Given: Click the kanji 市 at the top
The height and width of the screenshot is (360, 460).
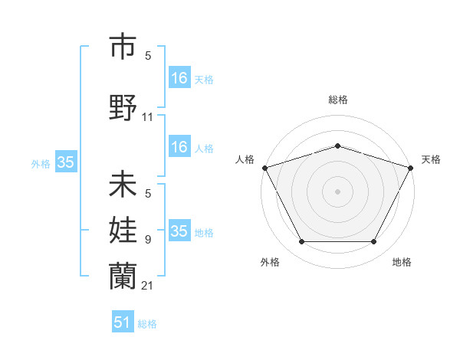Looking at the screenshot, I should [x=123, y=48].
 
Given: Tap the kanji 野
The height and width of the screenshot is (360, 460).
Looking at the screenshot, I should [x=123, y=108].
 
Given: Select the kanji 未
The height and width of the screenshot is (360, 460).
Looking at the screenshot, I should [x=123, y=185].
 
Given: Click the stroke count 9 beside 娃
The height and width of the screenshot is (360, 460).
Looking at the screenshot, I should [x=148, y=240].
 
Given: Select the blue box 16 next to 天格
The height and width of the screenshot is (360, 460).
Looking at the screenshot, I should [x=179, y=78].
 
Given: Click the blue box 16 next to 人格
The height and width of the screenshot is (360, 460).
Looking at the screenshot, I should [x=179, y=147].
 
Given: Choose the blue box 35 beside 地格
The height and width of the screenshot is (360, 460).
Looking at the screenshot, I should [x=179, y=231].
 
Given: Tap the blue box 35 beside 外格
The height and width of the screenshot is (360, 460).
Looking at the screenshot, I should [x=65, y=162].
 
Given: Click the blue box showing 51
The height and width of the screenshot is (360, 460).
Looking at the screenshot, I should [x=123, y=322].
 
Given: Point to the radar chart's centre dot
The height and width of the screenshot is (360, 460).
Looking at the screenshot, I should [x=337, y=191].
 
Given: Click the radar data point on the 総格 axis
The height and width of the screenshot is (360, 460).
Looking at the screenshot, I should [x=337, y=146].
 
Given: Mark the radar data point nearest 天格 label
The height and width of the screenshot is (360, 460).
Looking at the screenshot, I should [x=412, y=167].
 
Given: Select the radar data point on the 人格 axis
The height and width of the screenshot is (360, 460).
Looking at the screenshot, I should [x=264, y=167].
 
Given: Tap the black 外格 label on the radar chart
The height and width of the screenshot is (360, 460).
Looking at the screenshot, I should [x=270, y=262].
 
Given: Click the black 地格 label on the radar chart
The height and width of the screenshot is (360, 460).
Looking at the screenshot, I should [x=402, y=262].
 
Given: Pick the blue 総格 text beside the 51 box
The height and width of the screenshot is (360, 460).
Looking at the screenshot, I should [x=147, y=324].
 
